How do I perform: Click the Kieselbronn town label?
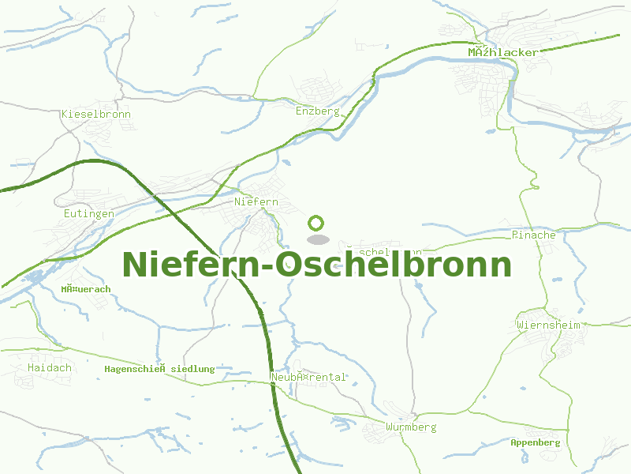(x=96, y=114)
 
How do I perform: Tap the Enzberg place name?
(x=317, y=111)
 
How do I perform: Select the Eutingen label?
(x=89, y=213)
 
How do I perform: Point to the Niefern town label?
(x=256, y=201)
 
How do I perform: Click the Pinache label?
(x=534, y=235)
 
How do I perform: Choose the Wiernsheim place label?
(x=549, y=325)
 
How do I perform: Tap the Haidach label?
(x=49, y=367)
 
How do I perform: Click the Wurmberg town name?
(x=411, y=427)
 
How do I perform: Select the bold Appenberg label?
(x=535, y=442)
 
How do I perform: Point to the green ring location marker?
(x=317, y=223)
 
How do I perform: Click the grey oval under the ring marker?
(x=317, y=239)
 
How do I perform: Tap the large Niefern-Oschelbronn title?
(x=317, y=264)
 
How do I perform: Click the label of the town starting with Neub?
(x=308, y=377)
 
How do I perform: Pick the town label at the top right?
(x=503, y=52)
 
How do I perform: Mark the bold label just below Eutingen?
(x=86, y=289)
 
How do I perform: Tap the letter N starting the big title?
(x=136, y=264)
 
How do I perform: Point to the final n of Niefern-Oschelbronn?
(x=500, y=266)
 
